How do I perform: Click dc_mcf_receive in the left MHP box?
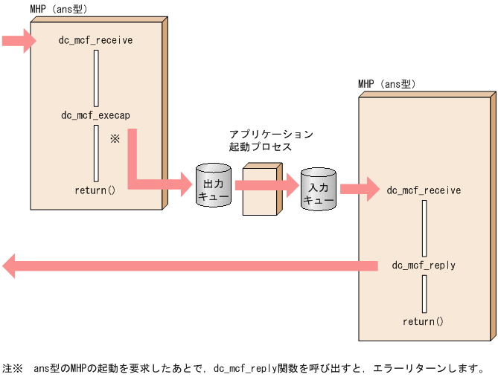[x=95, y=40]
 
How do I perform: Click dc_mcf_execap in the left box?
[x=95, y=115]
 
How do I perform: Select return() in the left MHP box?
[x=95, y=190]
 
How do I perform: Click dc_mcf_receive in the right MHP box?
[x=424, y=190]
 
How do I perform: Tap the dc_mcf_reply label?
[x=424, y=265]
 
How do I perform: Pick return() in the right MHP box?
[x=423, y=322]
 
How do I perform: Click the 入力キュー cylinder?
[x=319, y=189]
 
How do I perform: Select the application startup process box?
[x=260, y=190]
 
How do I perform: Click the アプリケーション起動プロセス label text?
[x=271, y=141]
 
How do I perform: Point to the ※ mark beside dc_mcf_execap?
[x=115, y=139]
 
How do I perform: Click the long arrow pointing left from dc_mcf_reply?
[x=186, y=265]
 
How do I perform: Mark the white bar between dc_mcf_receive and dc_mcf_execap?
[x=96, y=78]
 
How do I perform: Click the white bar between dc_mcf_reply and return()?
[x=424, y=294]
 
